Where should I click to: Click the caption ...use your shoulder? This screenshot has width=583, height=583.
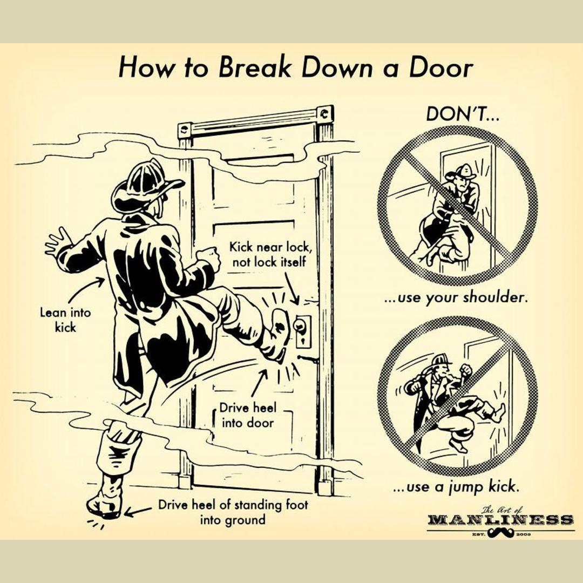(455, 297)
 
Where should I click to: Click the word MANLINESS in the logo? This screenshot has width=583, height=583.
(500, 520)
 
